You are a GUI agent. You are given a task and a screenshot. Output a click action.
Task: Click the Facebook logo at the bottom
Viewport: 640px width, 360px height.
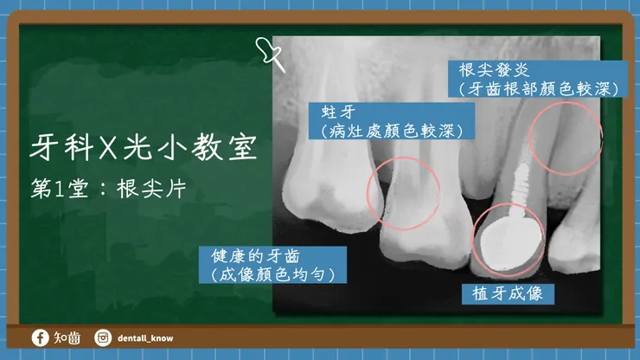pos(40,337)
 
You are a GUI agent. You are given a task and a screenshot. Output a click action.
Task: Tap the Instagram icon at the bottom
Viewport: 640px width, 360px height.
pos(103,337)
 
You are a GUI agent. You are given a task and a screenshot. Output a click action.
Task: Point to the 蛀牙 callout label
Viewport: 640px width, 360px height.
pos(392,121)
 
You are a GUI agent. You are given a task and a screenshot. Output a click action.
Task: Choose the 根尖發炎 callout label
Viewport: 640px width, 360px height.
pos(537,79)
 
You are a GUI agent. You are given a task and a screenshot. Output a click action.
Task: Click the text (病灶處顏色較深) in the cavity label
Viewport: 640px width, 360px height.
pos(392,132)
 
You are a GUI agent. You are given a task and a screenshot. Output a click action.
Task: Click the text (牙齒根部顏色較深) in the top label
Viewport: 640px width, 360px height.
pos(537,89)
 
